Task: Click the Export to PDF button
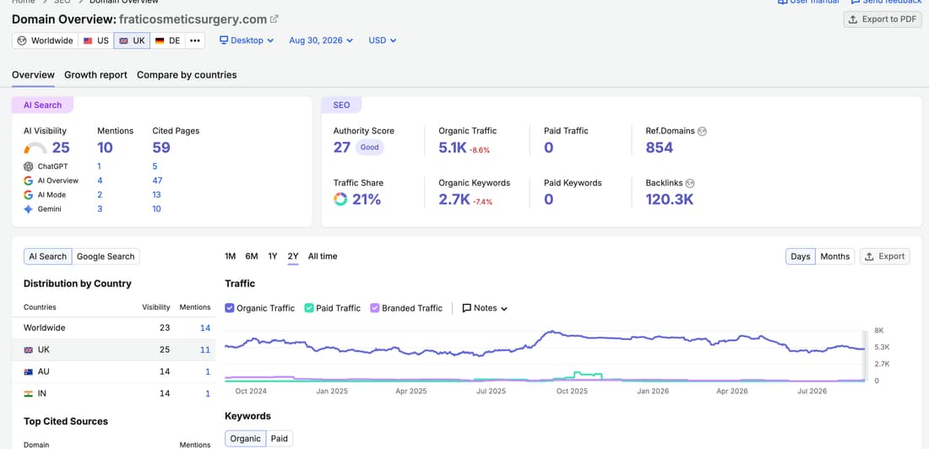[883, 19]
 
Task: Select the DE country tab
[167, 41]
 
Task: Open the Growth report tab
[96, 74]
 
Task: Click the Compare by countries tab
[187, 74]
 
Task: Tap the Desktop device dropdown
[247, 41]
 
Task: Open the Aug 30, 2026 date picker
[321, 41]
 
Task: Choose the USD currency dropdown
[382, 41]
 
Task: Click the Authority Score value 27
[342, 148]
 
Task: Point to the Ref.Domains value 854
[660, 148]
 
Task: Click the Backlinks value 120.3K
[670, 200]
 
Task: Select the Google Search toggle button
[106, 257]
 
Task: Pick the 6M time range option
[252, 257]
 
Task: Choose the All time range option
[323, 257]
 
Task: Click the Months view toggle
[834, 257]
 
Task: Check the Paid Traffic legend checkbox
[308, 308]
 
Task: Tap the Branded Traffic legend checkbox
[374, 308]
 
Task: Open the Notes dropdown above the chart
[485, 308]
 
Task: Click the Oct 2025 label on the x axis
[572, 391]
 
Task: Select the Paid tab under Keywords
[279, 439]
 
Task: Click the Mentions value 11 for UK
[205, 350]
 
